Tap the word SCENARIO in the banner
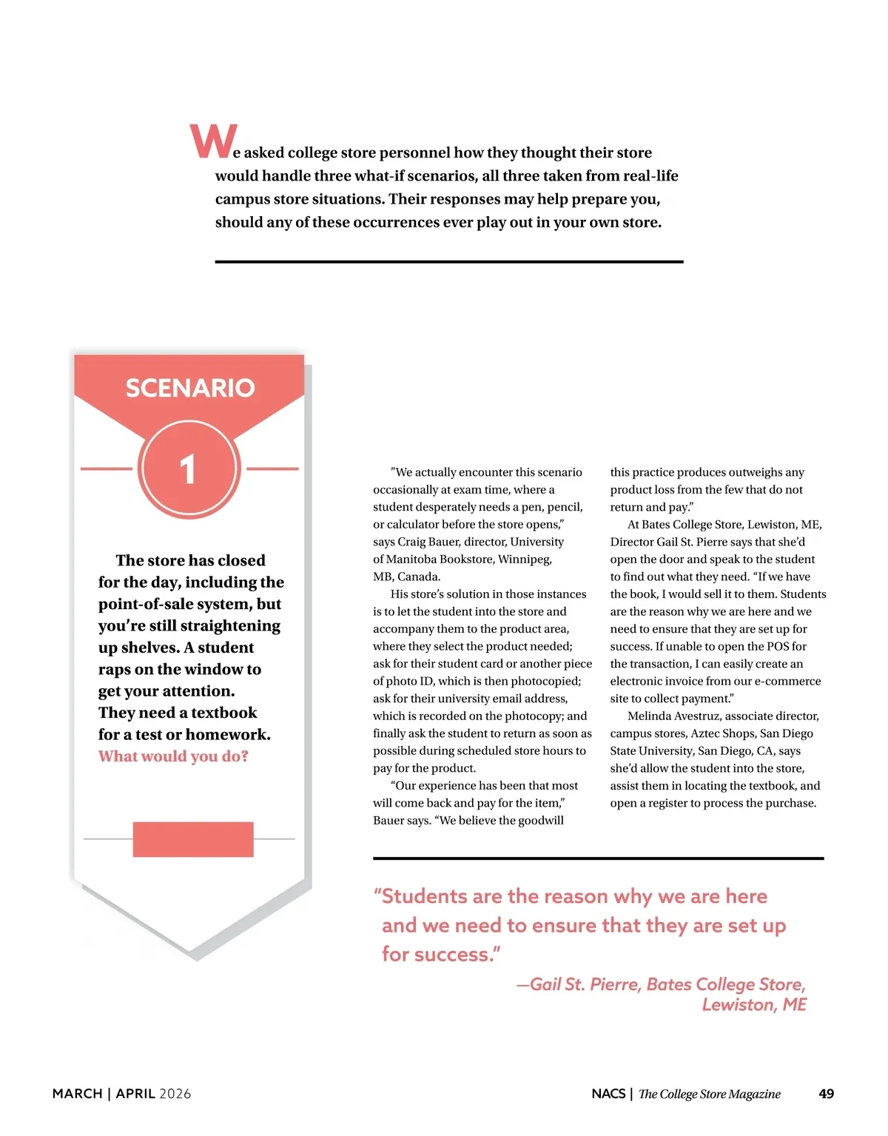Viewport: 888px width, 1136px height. point(190,388)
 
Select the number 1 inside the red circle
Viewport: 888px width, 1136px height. point(188,469)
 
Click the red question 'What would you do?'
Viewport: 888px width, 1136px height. point(173,756)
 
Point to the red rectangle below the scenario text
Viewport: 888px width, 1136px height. point(193,839)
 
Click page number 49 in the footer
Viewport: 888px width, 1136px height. point(826,1094)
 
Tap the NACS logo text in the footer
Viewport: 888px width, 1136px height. point(608,1094)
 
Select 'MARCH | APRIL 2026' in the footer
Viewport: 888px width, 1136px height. point(121,1094)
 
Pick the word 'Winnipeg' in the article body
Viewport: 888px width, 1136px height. point(525,559)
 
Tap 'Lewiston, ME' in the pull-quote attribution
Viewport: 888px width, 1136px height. point(754,1005)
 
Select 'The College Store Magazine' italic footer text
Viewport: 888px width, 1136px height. point(709,1094)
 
